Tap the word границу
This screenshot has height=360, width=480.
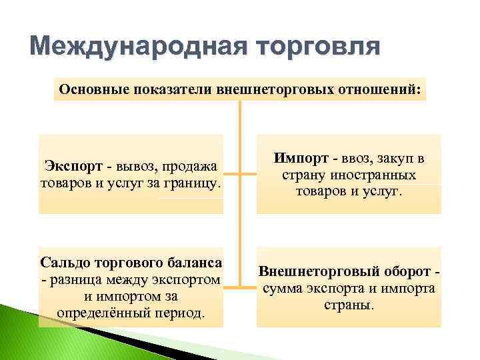coord(193,182)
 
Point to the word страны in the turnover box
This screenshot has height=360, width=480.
coord(348,305)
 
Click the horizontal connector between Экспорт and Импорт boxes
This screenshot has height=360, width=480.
coord(240,174)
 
